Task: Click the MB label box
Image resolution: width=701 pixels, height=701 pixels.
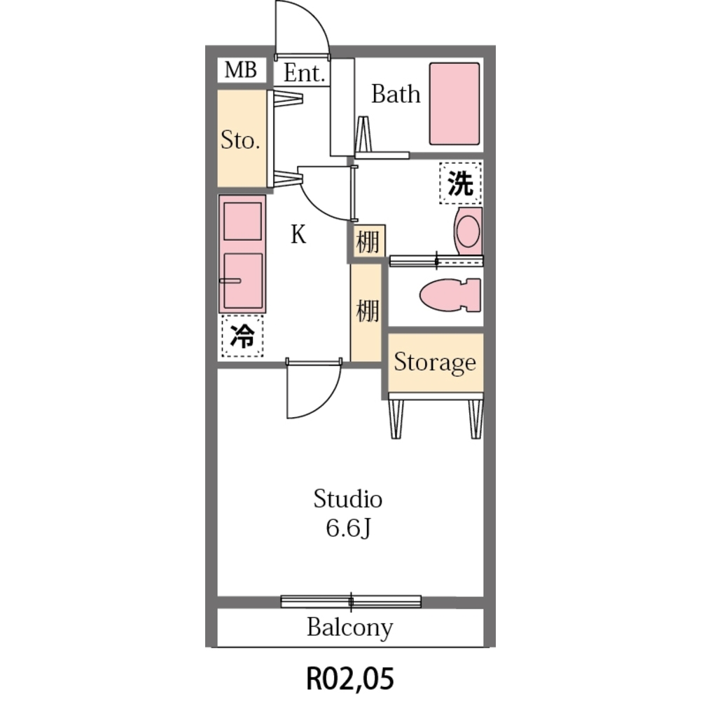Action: tap(242, 70)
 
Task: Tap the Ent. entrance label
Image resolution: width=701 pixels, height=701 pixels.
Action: tap(304, 73)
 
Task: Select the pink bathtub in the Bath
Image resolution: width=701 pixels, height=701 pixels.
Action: tap(454, 104)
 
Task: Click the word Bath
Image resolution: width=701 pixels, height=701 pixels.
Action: tap(396, 94)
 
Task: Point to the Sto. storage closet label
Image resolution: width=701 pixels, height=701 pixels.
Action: tap(240, 140)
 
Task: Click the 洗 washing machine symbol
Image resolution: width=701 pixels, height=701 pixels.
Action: tap(461, 183)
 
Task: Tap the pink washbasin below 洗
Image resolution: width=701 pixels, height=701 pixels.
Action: tap(468, 231)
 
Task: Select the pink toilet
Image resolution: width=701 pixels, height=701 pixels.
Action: tap(450, 295)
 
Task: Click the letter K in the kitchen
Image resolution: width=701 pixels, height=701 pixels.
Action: tap(298, 234)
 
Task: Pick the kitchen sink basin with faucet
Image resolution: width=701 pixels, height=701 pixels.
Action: tap(243, 280)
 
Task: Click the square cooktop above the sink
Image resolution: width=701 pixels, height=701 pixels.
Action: tap(243, 222)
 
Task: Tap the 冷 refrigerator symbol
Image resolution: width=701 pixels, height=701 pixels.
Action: tap(242, 336)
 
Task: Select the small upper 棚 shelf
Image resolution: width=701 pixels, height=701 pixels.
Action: tap(369, 241)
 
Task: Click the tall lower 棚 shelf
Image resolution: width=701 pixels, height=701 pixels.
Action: tap(366, 312)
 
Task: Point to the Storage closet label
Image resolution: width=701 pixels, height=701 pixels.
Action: tap(435, 362)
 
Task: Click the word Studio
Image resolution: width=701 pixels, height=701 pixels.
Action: tap(348, 498)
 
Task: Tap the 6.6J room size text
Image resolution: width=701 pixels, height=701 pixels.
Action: tap(348, 529)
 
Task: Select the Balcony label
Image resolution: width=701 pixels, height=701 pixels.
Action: tap(350, 627)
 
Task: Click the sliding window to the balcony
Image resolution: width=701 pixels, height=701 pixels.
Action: tap(351, 601)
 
